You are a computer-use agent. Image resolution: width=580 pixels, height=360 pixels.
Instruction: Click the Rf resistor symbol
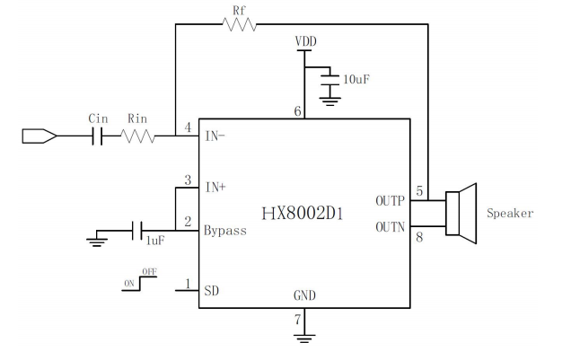[x=240, y=24]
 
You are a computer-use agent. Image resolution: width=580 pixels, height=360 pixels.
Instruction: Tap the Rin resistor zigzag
[x=137, y=136]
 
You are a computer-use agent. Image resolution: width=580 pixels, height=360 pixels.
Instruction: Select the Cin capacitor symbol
[x=97, y=136]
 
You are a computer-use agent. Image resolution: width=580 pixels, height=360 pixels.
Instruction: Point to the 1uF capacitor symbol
[x=137, y=231]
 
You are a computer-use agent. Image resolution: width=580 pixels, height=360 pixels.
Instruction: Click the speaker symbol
[x=461, y=214]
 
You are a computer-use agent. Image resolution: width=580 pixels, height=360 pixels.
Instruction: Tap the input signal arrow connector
[x=40, y=136]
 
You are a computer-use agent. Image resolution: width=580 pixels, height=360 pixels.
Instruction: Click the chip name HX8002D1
[x=303, y=214]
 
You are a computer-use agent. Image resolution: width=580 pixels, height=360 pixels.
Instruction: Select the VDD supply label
[x=305, y=41]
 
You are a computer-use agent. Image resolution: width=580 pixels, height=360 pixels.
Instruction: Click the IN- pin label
[x=215, y=136]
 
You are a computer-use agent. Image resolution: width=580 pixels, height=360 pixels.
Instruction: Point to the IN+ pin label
[x=215, y=188]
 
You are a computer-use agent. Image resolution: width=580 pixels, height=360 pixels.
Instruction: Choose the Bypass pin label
[x=224, y=231]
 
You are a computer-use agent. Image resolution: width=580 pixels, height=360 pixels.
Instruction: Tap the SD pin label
[x=212, y=291]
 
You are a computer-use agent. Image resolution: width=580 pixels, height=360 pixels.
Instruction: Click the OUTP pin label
[x=390, y=201]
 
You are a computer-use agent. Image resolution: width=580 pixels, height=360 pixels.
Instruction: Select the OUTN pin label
[x=390, y=227]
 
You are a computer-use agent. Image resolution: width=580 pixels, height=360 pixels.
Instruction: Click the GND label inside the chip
[x=304, y=295]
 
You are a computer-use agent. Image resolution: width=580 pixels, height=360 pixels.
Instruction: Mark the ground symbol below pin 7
[x=304, y=338]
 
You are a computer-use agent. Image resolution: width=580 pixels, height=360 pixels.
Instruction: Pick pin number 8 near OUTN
[x=419, y=237]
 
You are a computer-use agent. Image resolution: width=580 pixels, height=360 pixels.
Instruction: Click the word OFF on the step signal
[x=149, y=272]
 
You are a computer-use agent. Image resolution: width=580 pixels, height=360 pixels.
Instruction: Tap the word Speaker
[x=510, y=214]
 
